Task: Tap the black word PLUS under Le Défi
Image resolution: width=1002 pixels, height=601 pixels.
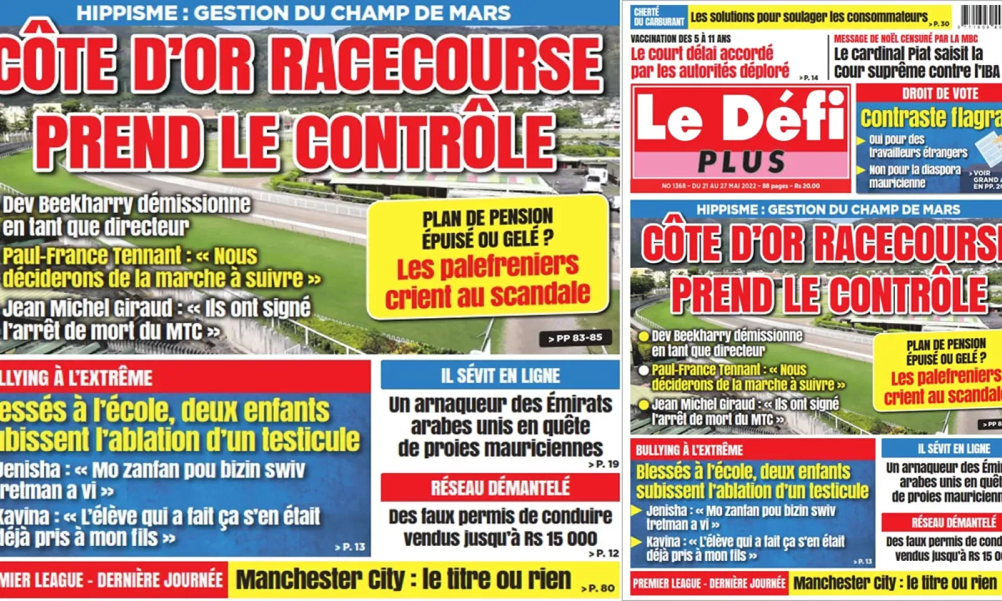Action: [741, 162]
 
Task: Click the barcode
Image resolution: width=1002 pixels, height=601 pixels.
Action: [980, 16]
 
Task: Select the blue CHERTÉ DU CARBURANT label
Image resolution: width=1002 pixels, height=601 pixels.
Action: [658, 17]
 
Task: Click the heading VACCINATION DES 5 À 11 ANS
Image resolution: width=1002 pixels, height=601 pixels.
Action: [680, 39]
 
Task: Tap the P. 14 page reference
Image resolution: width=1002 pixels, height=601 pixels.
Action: [809, 78]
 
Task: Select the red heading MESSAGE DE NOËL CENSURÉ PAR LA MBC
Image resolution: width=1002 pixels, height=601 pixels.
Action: [906, 39]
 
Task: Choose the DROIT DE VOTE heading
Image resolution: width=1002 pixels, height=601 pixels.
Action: [939, 93]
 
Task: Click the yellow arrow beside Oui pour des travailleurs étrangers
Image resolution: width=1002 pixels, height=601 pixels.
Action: [861, 140]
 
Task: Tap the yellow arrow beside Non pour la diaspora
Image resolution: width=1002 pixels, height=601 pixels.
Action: [861, 170]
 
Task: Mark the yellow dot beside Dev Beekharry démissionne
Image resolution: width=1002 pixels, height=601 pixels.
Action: [643, 336]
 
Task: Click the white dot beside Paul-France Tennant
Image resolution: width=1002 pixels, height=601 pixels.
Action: [643, 370]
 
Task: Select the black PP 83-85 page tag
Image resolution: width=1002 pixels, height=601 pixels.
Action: [574, 338]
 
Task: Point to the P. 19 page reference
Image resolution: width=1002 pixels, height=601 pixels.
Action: [604, 464]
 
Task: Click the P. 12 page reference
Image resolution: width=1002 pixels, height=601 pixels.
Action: [604, 553]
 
